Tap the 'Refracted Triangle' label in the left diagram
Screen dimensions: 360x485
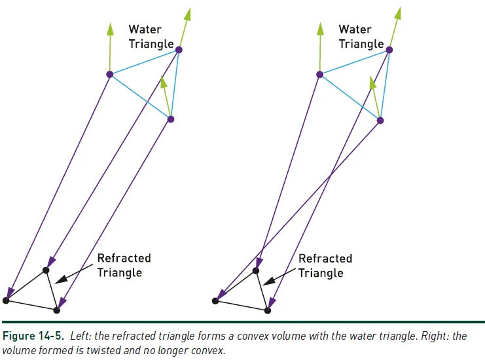click(x=124, y=265)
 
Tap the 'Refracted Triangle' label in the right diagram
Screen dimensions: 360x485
click(x=325, y=265)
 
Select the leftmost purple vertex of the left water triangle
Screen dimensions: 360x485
click(x=110, y=74)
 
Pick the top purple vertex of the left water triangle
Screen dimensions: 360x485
click(x=179, y=50)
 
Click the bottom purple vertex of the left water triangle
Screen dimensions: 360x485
click(x=171, y=119)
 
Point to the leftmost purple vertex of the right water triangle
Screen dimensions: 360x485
click(x=320, y=75)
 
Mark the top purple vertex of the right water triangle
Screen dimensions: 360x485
click(x=389, y=50)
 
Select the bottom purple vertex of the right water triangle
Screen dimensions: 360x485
click(x=380, y=120)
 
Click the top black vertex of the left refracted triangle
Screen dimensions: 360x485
click(x=46, y=270)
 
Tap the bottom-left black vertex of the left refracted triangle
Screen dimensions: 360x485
click(x=6, y=300)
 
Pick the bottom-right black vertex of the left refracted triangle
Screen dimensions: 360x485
click(x=56, y=310)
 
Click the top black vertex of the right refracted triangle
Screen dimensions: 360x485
click(x=256, y=270)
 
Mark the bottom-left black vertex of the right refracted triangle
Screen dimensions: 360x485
click(x=215, y=301)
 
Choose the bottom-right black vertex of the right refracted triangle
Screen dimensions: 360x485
click(x=268, y=310)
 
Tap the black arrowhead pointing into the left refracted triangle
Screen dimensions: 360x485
click(x=58, y=281)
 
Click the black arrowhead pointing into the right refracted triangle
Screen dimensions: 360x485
click(x=264, y=282)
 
